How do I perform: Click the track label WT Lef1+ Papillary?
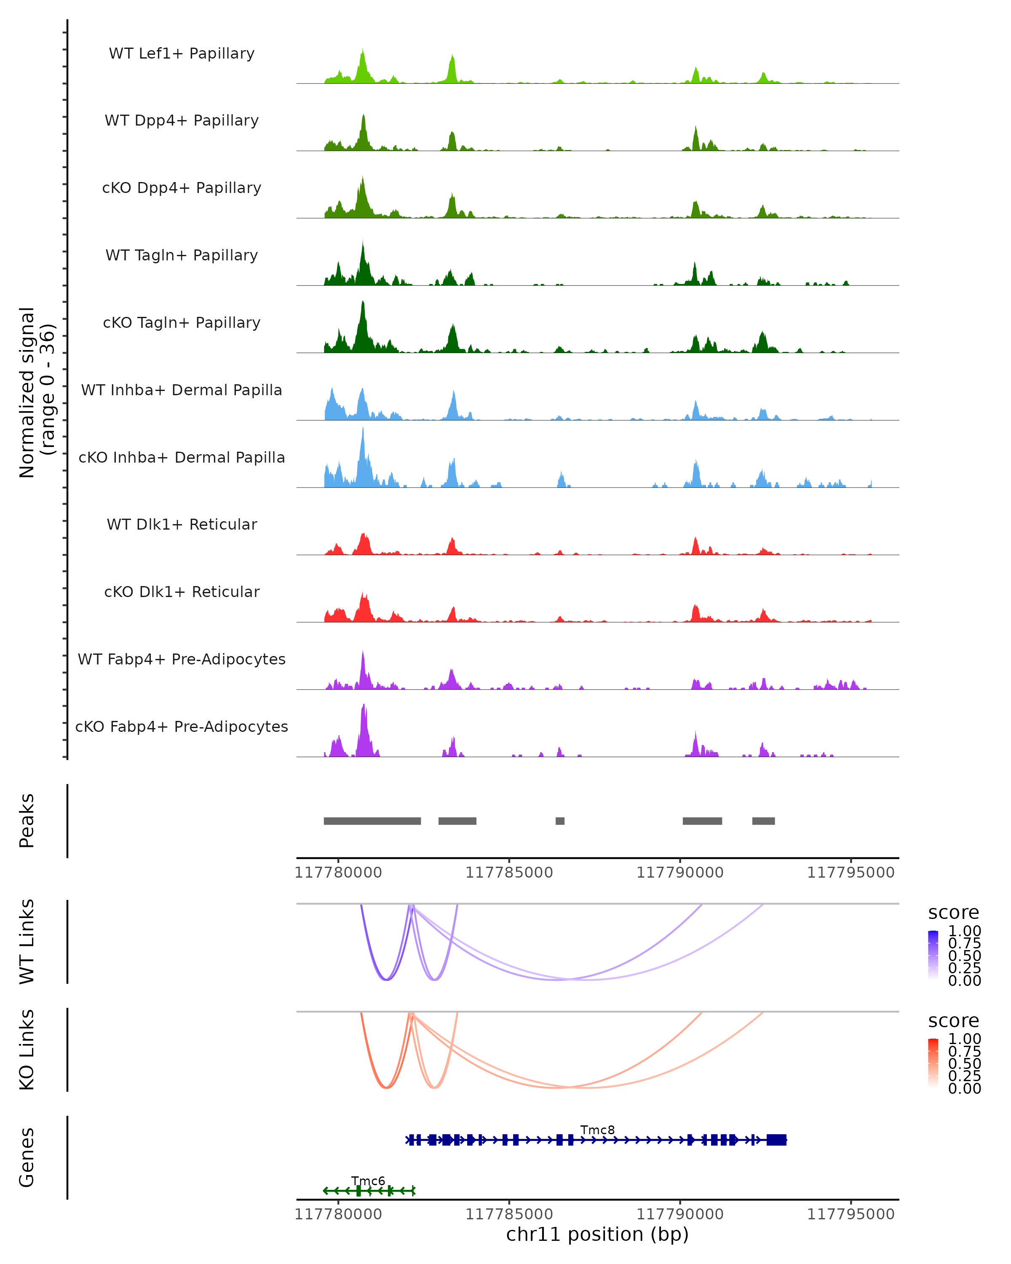click(182, 54)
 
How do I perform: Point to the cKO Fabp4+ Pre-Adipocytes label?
click(182, 726)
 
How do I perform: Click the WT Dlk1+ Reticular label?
click(182, 524)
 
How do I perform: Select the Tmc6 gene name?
click(368, 1181)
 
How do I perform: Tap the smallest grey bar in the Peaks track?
click(560, 821)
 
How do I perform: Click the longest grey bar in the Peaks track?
click(372, 821)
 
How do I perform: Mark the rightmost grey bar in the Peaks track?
click(763, 821)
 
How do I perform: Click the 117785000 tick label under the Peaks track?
click(509, 873)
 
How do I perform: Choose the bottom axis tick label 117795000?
click(851, 1213)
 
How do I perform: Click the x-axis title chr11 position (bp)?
click(597, 1234)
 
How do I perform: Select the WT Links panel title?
click(27, 942)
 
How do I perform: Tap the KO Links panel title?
click(27, 1050)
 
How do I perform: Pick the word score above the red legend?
click(953, 1021)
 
